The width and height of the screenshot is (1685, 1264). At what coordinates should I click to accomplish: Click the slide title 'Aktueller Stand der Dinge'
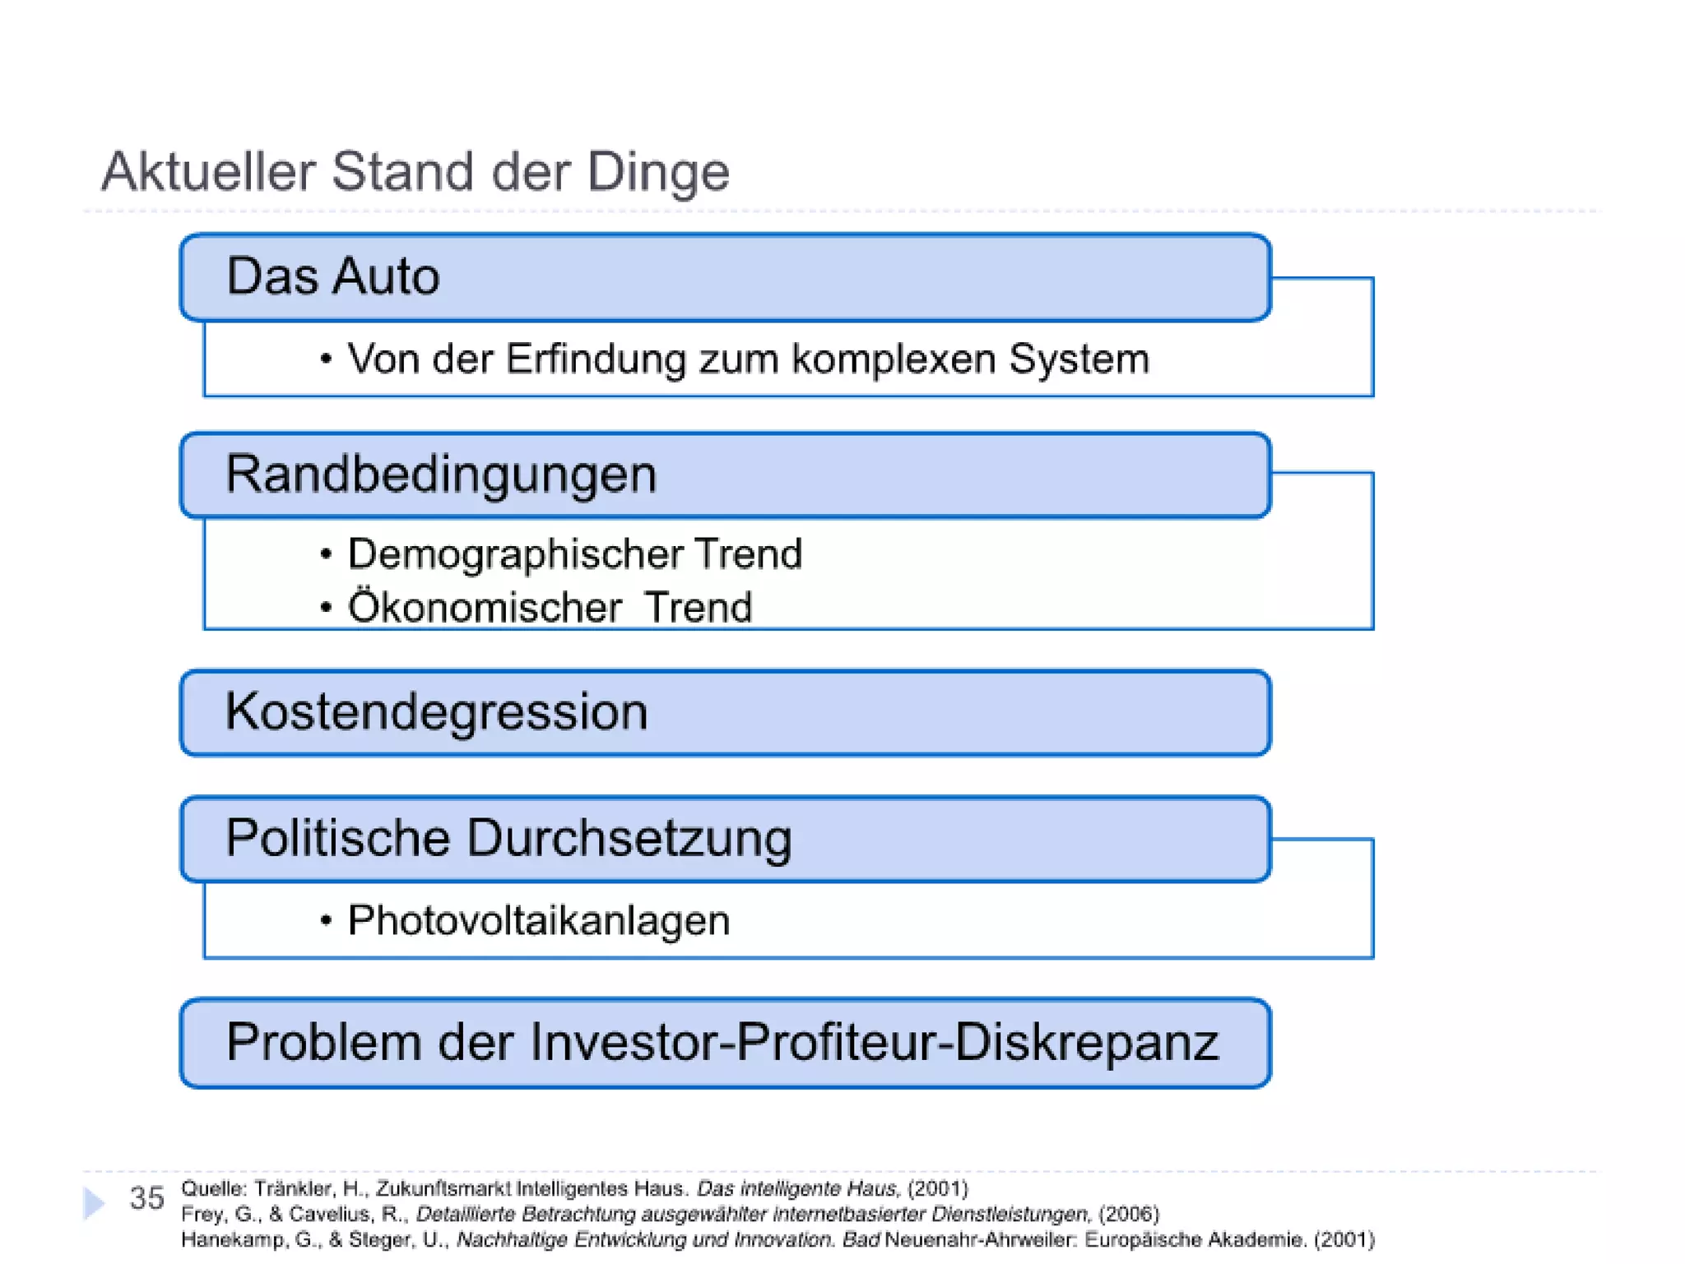point(415,172)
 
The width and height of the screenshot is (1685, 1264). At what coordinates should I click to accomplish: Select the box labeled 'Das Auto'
point(724,277)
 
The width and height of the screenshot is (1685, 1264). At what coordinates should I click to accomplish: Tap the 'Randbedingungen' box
point(724,475)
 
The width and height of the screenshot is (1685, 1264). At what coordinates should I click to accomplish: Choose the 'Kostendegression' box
point(724,712)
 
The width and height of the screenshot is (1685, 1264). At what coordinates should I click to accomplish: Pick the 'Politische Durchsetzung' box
point(724,839)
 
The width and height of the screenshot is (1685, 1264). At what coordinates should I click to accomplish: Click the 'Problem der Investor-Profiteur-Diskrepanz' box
point(724,1043)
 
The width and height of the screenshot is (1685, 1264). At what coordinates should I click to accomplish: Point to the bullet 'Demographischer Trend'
point(574,553)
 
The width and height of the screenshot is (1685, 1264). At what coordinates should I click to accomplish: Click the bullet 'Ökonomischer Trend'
point(550,607)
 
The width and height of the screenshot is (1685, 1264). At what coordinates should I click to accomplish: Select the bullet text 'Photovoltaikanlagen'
point(538,920)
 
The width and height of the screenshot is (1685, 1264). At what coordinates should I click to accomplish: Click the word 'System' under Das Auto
point(1078,359)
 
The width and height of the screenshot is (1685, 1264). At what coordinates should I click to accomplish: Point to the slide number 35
point(146,1198)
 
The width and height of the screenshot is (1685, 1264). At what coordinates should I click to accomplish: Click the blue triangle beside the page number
point(94,1203)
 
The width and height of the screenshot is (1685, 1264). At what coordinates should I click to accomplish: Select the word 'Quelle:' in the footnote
point(213,1188)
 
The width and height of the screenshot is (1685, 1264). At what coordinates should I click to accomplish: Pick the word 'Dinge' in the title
point(657,172)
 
